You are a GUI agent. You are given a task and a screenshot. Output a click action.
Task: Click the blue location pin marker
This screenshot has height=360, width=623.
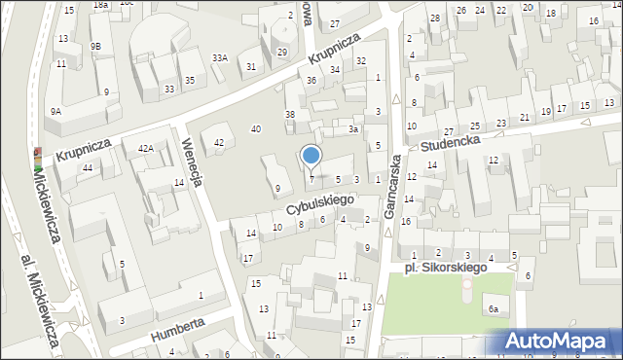pos(311,156)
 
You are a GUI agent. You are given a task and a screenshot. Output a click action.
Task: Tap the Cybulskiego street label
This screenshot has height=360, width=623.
pos(318,203)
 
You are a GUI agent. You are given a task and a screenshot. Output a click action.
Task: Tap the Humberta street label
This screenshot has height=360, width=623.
pos(176,327)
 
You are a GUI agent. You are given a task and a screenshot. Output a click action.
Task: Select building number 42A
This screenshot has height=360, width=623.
pos(146,148)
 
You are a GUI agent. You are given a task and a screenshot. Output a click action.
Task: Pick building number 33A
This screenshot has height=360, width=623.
pos(220,58)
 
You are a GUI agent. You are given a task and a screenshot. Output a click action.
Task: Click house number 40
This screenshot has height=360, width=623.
pos(256,128)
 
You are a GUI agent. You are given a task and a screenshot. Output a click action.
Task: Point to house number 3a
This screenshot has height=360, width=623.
pos(354,128)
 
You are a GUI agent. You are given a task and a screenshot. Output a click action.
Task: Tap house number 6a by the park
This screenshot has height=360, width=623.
pos(494,308)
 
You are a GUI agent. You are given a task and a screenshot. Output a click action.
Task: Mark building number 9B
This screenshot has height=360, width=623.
pos(95,46)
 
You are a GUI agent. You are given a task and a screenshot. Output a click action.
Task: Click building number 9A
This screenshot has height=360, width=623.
pos(55,112)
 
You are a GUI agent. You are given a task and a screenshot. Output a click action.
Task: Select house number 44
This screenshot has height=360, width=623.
pos(87,168)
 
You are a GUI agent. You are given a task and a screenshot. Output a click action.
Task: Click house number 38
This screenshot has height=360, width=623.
pos(289,115)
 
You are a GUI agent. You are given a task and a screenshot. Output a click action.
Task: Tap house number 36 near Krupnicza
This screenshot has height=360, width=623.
pos(311,80)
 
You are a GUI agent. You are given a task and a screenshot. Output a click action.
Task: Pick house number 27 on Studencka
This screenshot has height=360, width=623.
pos(449,131)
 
